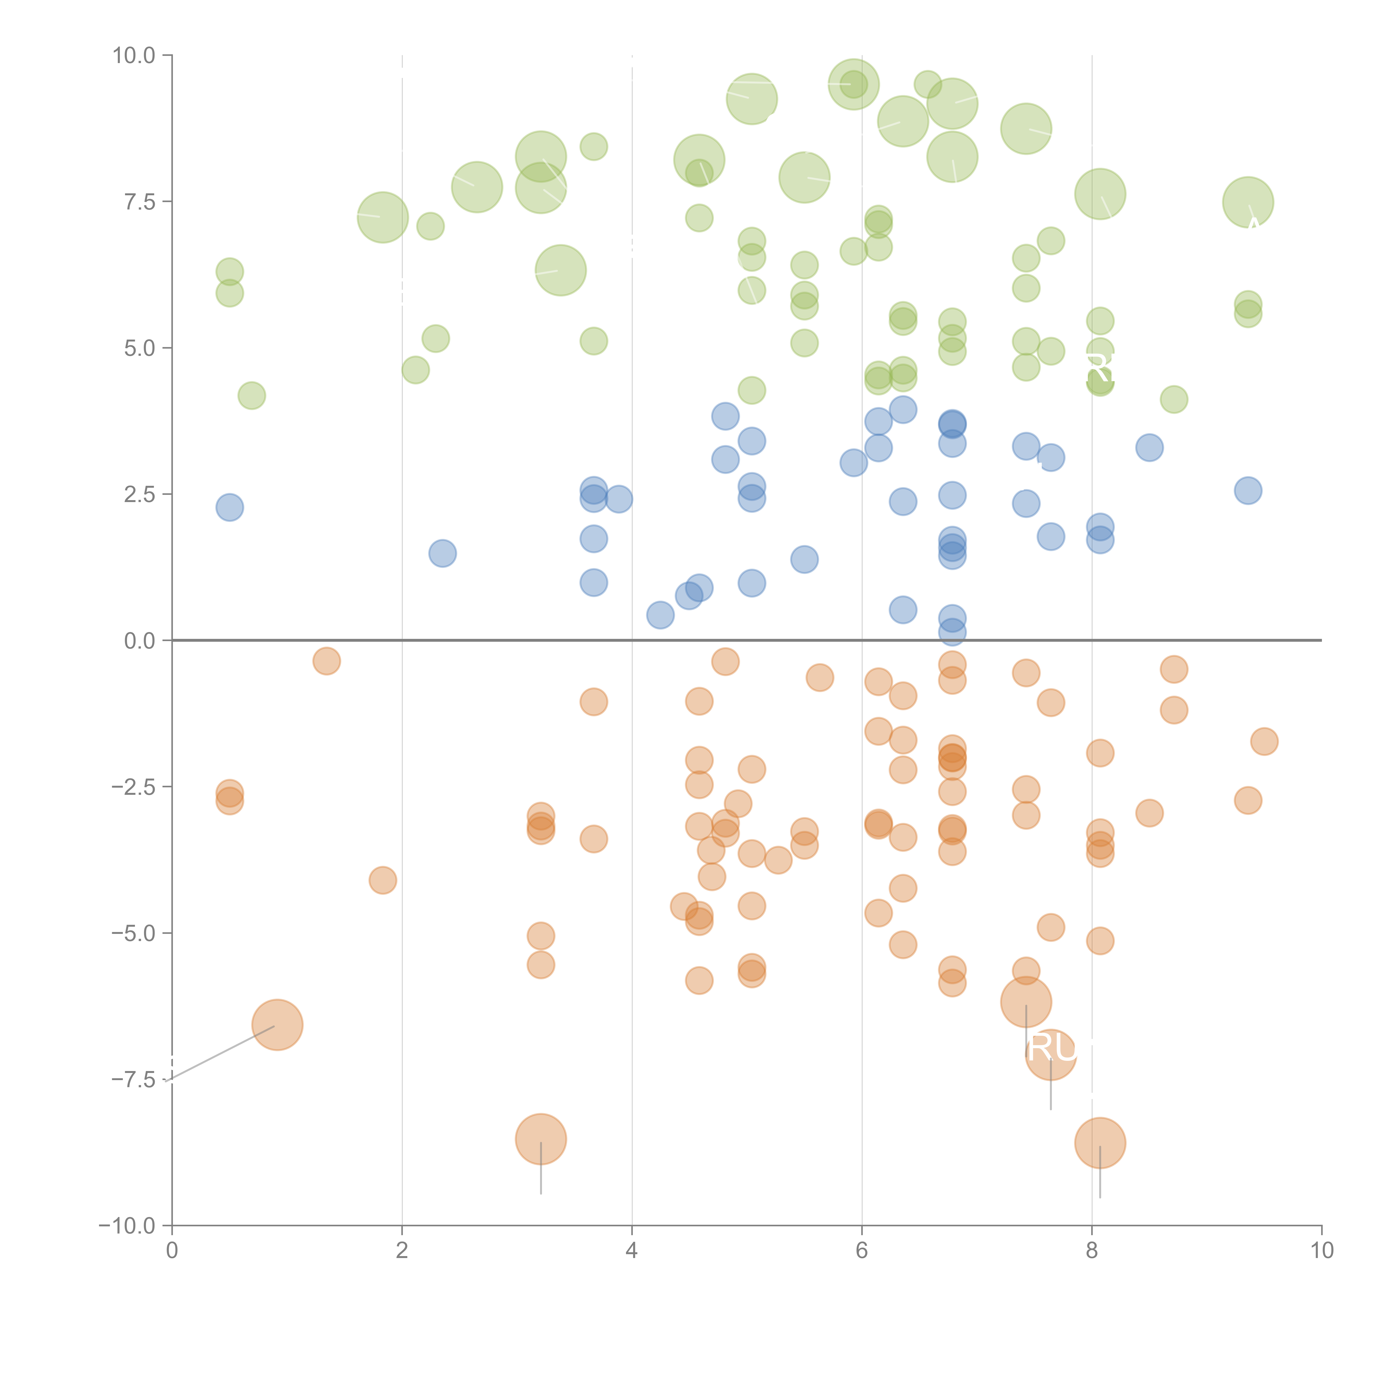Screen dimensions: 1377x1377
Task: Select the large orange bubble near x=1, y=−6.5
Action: click(277, 1025)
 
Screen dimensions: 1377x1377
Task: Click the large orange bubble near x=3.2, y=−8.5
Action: click(541, 1139)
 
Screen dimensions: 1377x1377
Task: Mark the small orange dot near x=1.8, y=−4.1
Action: click(383, 880)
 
